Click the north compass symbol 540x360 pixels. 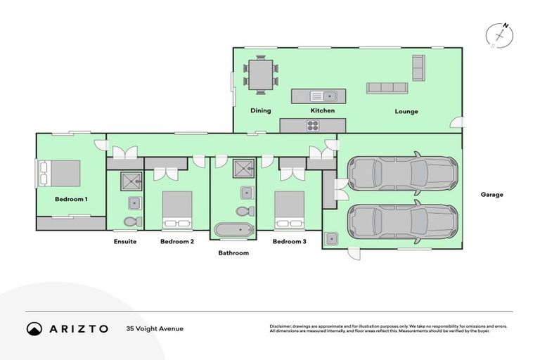pyautogui.click(x=501, y=34)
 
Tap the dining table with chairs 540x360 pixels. pyautogui.click(x=261, y=75)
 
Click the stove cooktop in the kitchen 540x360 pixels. pyautogui.click(x=313, y=126)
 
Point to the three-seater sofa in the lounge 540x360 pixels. pyautogui.click(x=387, y=88)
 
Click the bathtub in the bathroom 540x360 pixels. pyautogui.click(x=233, y=231)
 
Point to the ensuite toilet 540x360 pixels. pyautogui.click(x=131, y=221)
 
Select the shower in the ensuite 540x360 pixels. pyautogui.click(x=131, y=181)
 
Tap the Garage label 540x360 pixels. pyautogui.click(x=491, y=195)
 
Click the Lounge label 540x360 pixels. pyautogui.click(x=406, y=112)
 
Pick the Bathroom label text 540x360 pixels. pyautogui.click(x=233, y=252)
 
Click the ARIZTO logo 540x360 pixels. pyautogui.click(x=67, y=328)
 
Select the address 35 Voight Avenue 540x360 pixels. pyautogui.click(x=155, y=328)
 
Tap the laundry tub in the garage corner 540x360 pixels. pyautogui.click(x=331, y=238)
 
